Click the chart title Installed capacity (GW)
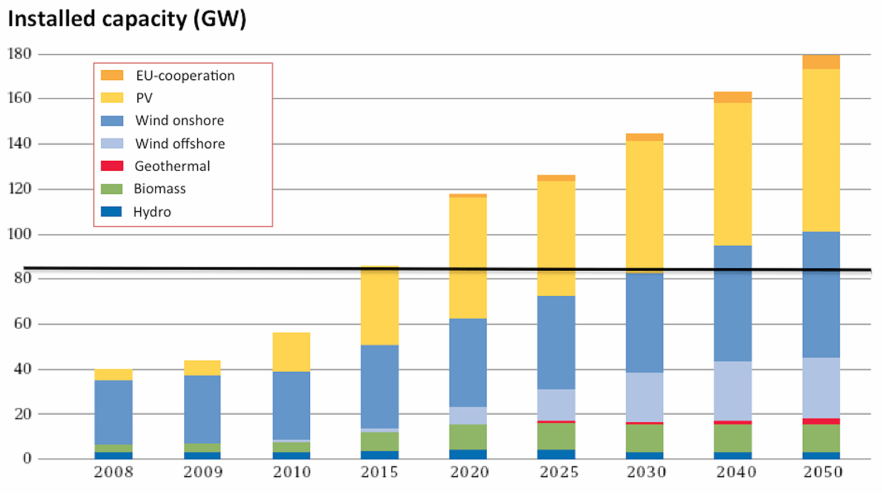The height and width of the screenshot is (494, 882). pos(127,19)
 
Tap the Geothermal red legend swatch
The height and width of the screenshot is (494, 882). pos(112,166)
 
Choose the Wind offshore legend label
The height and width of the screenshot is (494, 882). pos(180,143)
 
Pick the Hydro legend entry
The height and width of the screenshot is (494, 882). pos(152,212)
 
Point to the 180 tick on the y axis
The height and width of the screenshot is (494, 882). pos(20,54)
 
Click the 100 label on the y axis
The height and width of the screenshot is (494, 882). pos(20,234)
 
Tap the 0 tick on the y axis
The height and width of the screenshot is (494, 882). pos(27,459)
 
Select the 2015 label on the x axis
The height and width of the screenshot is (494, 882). pos(380,472)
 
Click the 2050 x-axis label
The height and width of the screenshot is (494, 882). pos(823,472)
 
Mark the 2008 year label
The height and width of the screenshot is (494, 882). pos(113,472)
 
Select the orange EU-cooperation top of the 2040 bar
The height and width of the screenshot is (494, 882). pos(733,97)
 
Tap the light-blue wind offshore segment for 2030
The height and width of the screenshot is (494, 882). pos(645,397)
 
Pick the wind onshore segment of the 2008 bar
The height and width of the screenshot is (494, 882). pos(113,412)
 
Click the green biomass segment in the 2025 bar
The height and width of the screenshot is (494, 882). pos(556,436)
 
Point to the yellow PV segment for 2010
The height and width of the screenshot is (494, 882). pos(291,352)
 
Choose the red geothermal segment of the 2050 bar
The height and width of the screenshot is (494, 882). pos(821,421)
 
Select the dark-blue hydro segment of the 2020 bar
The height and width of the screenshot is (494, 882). pos(468,454)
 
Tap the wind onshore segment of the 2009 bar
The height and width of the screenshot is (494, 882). pos(202,409)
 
